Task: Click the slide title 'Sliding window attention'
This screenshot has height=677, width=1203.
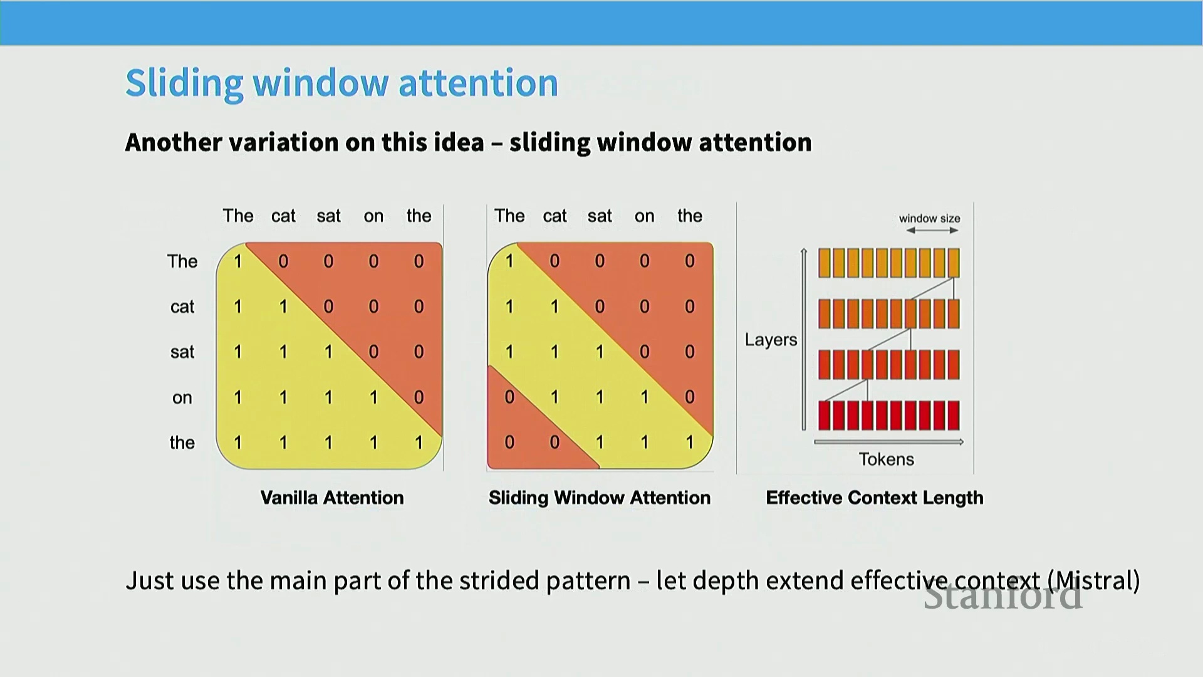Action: coord(341,83)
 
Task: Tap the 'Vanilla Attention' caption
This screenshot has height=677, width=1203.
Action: coord(332,498)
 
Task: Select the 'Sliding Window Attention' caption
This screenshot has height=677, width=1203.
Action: coord(600,498)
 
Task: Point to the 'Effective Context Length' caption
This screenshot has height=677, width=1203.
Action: coord(875,498)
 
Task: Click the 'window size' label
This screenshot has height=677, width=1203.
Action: coord(929,218)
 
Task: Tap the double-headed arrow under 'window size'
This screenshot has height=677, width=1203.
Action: coord(932,231)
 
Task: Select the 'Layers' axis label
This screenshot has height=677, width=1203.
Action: coord(771,340)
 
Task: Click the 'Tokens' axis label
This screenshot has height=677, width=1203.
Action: coord(886,459)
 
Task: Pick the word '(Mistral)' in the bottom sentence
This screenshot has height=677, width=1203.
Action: coord(1097,580)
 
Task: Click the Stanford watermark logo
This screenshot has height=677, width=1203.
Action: coord(1002,596)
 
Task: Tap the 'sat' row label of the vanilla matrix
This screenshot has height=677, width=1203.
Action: coord(182,352)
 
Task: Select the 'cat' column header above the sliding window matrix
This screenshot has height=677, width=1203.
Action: coord(555,216)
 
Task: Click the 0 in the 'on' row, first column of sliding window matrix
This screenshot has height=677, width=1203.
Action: coord(509,397)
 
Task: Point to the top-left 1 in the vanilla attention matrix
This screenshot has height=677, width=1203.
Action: coord(238,261)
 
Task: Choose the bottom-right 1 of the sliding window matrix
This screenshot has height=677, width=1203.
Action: coord(690,443)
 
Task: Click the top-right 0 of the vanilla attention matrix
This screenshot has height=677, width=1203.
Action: coord(419,261)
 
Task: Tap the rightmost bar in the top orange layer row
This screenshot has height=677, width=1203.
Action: coord(954,263)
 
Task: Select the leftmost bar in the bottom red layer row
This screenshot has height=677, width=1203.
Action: coord(825,416)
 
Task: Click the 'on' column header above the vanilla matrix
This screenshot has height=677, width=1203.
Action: coord(373,217)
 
